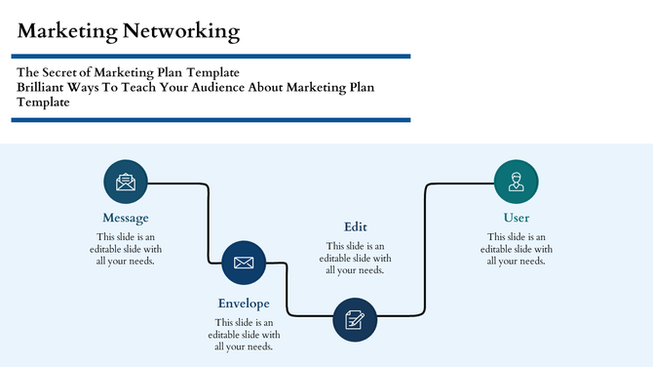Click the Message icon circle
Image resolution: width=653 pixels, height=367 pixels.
coord(126,182)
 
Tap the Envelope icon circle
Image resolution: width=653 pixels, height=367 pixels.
coord(244,263)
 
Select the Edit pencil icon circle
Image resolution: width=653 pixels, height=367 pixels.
coord(356,319)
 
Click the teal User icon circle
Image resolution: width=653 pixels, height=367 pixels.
coord(516,182)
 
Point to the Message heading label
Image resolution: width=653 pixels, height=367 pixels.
coord(126,218)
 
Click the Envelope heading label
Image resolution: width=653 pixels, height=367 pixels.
coord(244,304)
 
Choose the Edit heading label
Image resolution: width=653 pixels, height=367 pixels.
coord(356,226)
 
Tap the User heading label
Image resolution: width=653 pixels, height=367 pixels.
coord(516,218)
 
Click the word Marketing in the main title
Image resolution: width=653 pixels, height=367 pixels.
coord(65,31)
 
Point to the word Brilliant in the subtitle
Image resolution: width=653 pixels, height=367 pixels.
coord(45,88)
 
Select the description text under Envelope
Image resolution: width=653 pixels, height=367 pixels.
coord(244,334)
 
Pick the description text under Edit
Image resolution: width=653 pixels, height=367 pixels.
coord(356,258)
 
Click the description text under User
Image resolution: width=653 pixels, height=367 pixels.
coord(516,249)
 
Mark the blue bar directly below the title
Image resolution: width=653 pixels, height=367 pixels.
coord(211,57)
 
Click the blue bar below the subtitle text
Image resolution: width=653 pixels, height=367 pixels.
coord(211,120)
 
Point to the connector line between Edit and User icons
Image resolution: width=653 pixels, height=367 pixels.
coord(426,244)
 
